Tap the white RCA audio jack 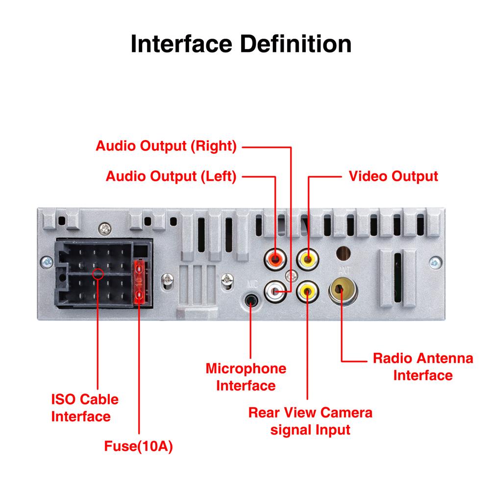(x=274, y=291)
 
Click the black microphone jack (x=251, y=299)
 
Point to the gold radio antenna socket (x=343, y=291)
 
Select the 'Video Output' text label (x=393, y=176)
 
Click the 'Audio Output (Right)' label (x=166, y=146)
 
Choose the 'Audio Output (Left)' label (x=171, y=176)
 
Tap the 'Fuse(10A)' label (x=140, y=447)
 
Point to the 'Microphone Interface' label (x=246, y=377)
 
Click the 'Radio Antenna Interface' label (x=423, y=367)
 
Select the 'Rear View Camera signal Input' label (x=310, y=421)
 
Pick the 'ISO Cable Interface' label (x=84, y=408)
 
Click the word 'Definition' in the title (x=294, y=44)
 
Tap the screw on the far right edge (x=433, y=261)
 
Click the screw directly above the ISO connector (x=103, y=228)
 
